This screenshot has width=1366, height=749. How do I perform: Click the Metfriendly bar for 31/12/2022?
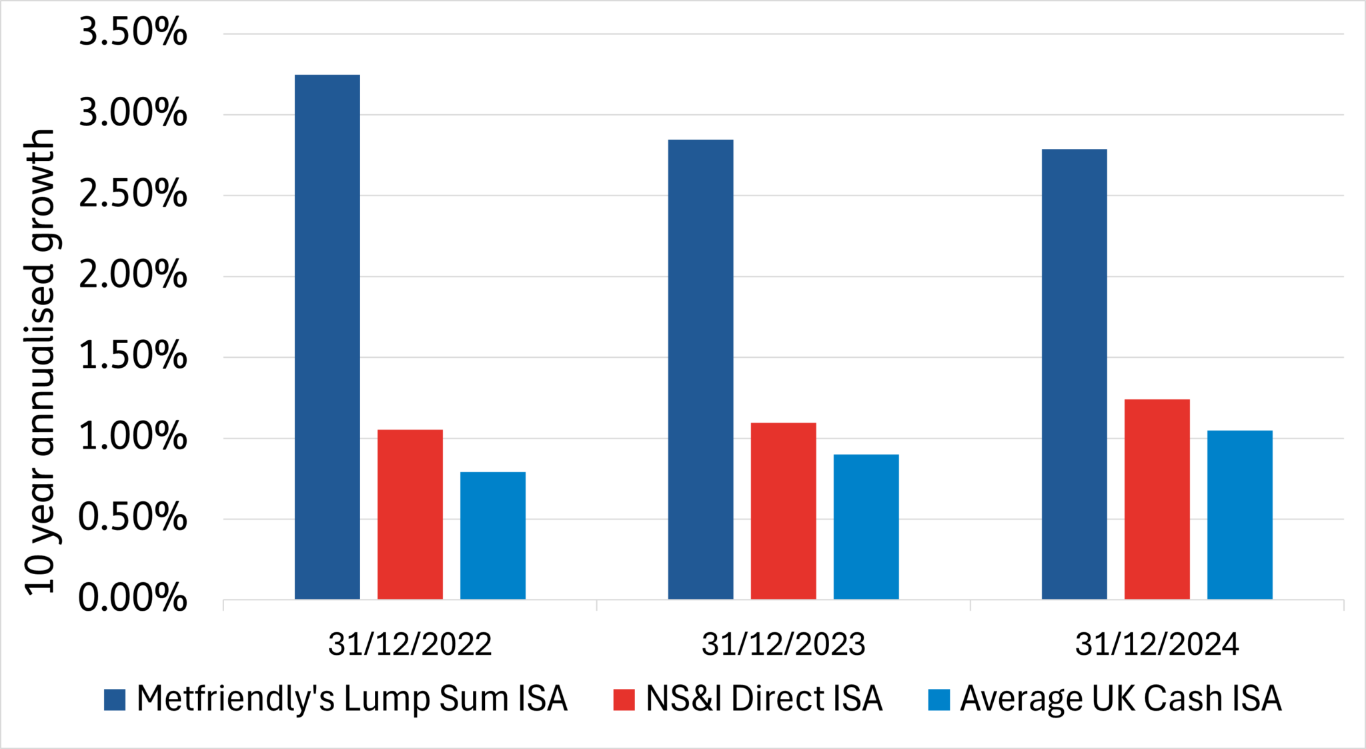point(327,337)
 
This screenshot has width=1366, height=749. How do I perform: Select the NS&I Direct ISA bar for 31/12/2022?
point(410,514)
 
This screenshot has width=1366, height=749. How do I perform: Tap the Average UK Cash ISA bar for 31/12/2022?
point(493,535)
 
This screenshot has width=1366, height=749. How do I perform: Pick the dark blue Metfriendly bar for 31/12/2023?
point(700,369)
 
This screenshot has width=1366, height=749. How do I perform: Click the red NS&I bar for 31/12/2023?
point(783,511)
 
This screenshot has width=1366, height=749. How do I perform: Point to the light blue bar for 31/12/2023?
point(866,527)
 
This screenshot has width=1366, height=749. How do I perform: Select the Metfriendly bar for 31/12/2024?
point(1074,374)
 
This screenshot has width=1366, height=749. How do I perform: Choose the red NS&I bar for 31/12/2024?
point(1157,499)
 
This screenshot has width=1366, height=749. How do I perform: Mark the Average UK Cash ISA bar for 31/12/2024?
point(1239,515)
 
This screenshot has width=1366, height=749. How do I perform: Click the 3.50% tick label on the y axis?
point(133,32)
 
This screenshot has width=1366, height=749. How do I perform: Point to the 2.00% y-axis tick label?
point(133,275)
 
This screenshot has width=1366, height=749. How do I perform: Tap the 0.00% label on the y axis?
point(133,598)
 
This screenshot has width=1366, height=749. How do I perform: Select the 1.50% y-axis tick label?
point(133,356)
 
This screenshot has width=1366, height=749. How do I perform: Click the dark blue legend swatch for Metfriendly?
point(115,700)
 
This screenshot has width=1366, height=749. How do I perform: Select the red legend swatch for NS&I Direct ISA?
point(624,700)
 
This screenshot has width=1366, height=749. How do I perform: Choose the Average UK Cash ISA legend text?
point(1121,699)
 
